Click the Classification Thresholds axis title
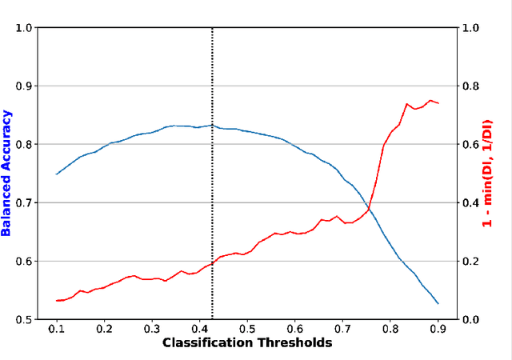point(247,342)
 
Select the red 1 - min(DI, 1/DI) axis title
point(487,173)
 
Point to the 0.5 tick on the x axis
point(247,328)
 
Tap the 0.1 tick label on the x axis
point(57,328)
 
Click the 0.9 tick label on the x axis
point(438,328)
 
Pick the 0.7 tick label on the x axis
point(342,328)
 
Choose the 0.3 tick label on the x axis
point(152,328)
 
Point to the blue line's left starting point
point(57,174)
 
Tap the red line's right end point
point(438,103)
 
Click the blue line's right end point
point(438,303)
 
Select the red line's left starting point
point(57,301)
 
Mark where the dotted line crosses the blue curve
point(212,125)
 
